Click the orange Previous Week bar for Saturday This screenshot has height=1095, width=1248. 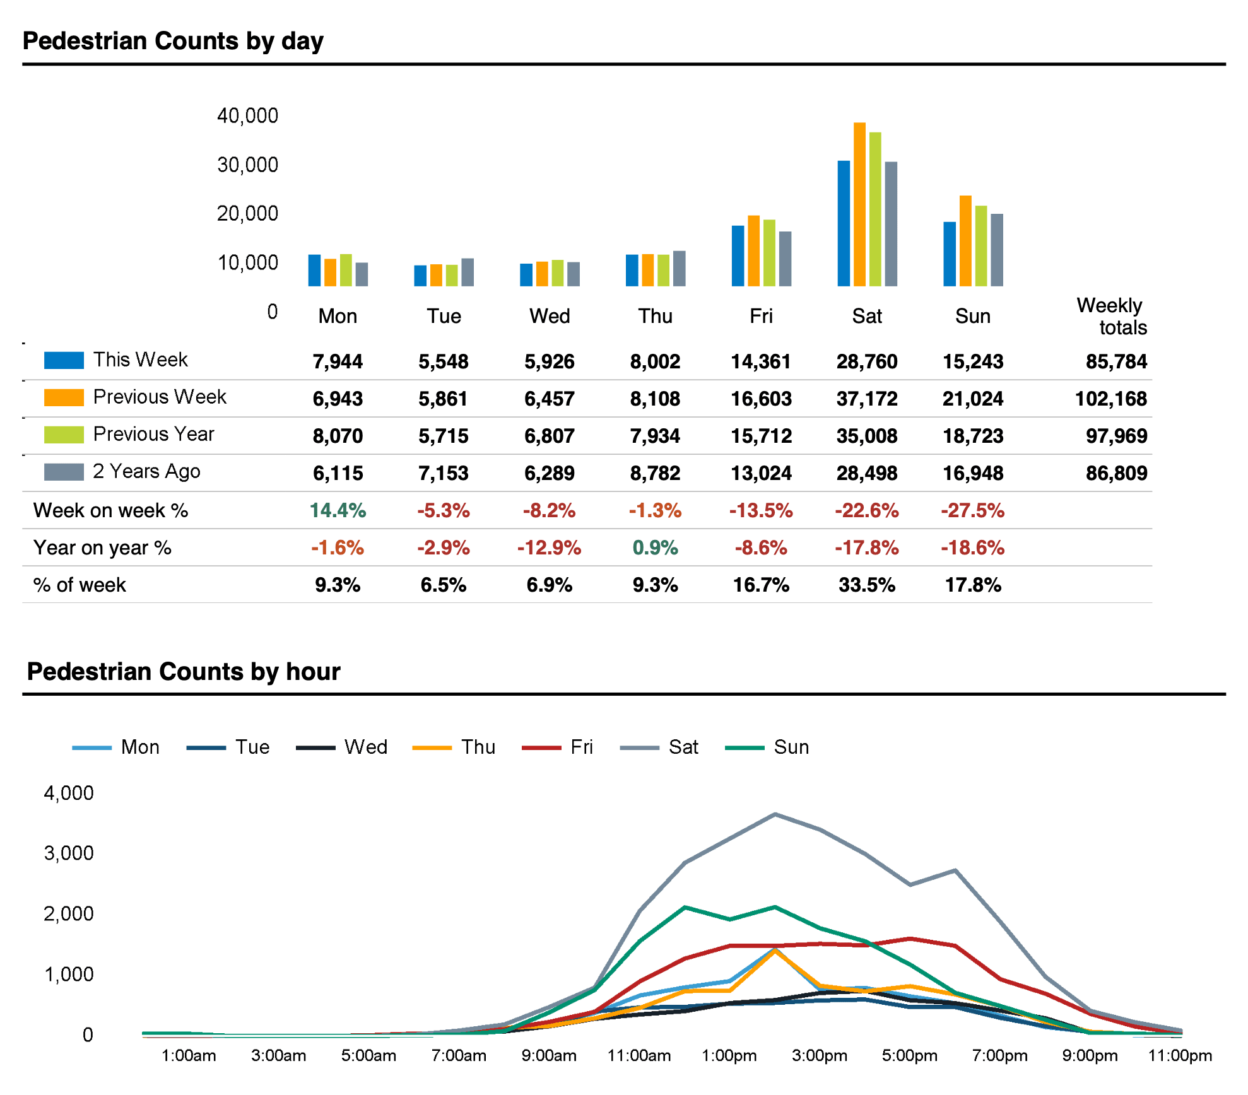click(x=859, y=205)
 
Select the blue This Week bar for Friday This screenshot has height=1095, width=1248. click(x=738, y=256)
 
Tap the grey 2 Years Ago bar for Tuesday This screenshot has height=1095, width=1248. click(x=468, y=272)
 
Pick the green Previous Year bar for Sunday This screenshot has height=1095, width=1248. click(x=981, y=246)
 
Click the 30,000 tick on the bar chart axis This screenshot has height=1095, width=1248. click(x=247, y=165)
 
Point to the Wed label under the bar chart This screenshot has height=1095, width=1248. click(x=550, y=316)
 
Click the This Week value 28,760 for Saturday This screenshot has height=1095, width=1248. click(x=867, y=361)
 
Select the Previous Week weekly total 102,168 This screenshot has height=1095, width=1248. click(x=1110, y=399)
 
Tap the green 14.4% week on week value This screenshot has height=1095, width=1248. click(x=338, y=510)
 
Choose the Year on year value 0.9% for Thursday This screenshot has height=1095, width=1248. click(x=655, y=547)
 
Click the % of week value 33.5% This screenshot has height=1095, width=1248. click(x=867, y=585)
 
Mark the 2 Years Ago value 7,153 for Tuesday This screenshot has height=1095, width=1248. click(x=444, y=473)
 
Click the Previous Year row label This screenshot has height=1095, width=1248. click(x=153, y=434)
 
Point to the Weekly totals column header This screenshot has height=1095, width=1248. click(x=1112, y=316)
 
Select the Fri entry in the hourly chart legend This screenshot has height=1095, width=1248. click(x=581, y=747)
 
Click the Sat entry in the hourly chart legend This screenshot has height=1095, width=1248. click(x=683, y=747)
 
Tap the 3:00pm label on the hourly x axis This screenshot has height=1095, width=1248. click(x=819, y=1055)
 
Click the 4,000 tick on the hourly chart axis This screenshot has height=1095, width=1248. click(x=69, y=793)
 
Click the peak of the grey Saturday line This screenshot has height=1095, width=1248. click(x=775, y=814)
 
